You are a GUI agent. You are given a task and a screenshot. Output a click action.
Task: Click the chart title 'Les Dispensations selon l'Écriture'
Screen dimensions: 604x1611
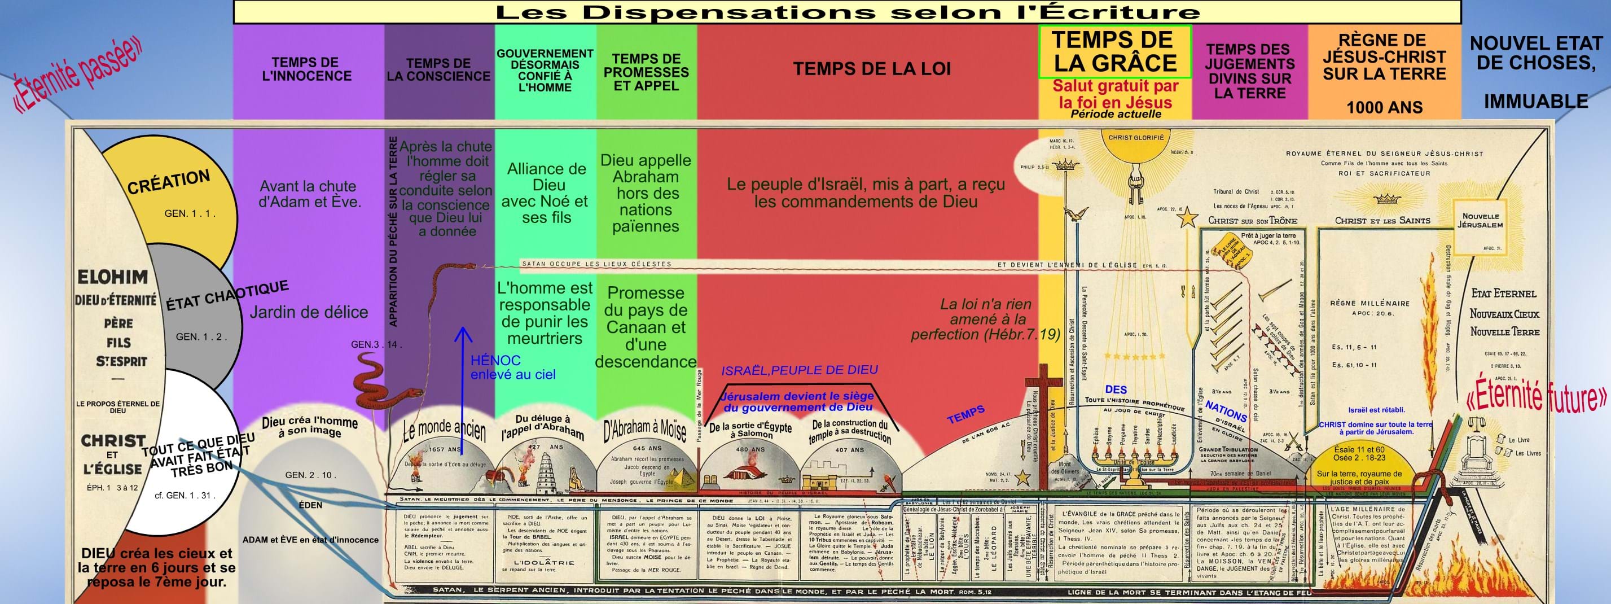pos(848,11)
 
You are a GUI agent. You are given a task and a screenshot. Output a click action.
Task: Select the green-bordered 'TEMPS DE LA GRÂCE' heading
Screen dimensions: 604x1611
pos(1114,51)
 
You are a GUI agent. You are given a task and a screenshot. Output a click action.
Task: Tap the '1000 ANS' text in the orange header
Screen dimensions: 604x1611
pos(1384,107)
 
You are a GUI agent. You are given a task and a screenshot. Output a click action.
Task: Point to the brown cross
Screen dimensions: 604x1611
pos(1043,432)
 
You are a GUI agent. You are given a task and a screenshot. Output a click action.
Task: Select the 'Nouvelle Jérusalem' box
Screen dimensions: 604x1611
pos(1480,220)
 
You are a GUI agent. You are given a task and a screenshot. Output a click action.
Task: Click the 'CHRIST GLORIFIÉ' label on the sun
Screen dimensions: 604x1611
pos(1136,138)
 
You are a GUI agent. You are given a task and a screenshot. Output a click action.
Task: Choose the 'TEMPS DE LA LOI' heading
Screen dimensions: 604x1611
pos(872,69)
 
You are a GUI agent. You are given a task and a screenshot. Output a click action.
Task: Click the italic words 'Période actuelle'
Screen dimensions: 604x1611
pos(1116,114)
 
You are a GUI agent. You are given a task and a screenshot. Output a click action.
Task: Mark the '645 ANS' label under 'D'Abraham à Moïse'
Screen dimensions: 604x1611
pos(647,448)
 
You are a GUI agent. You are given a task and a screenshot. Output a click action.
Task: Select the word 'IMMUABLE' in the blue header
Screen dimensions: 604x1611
pos(1535,101)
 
